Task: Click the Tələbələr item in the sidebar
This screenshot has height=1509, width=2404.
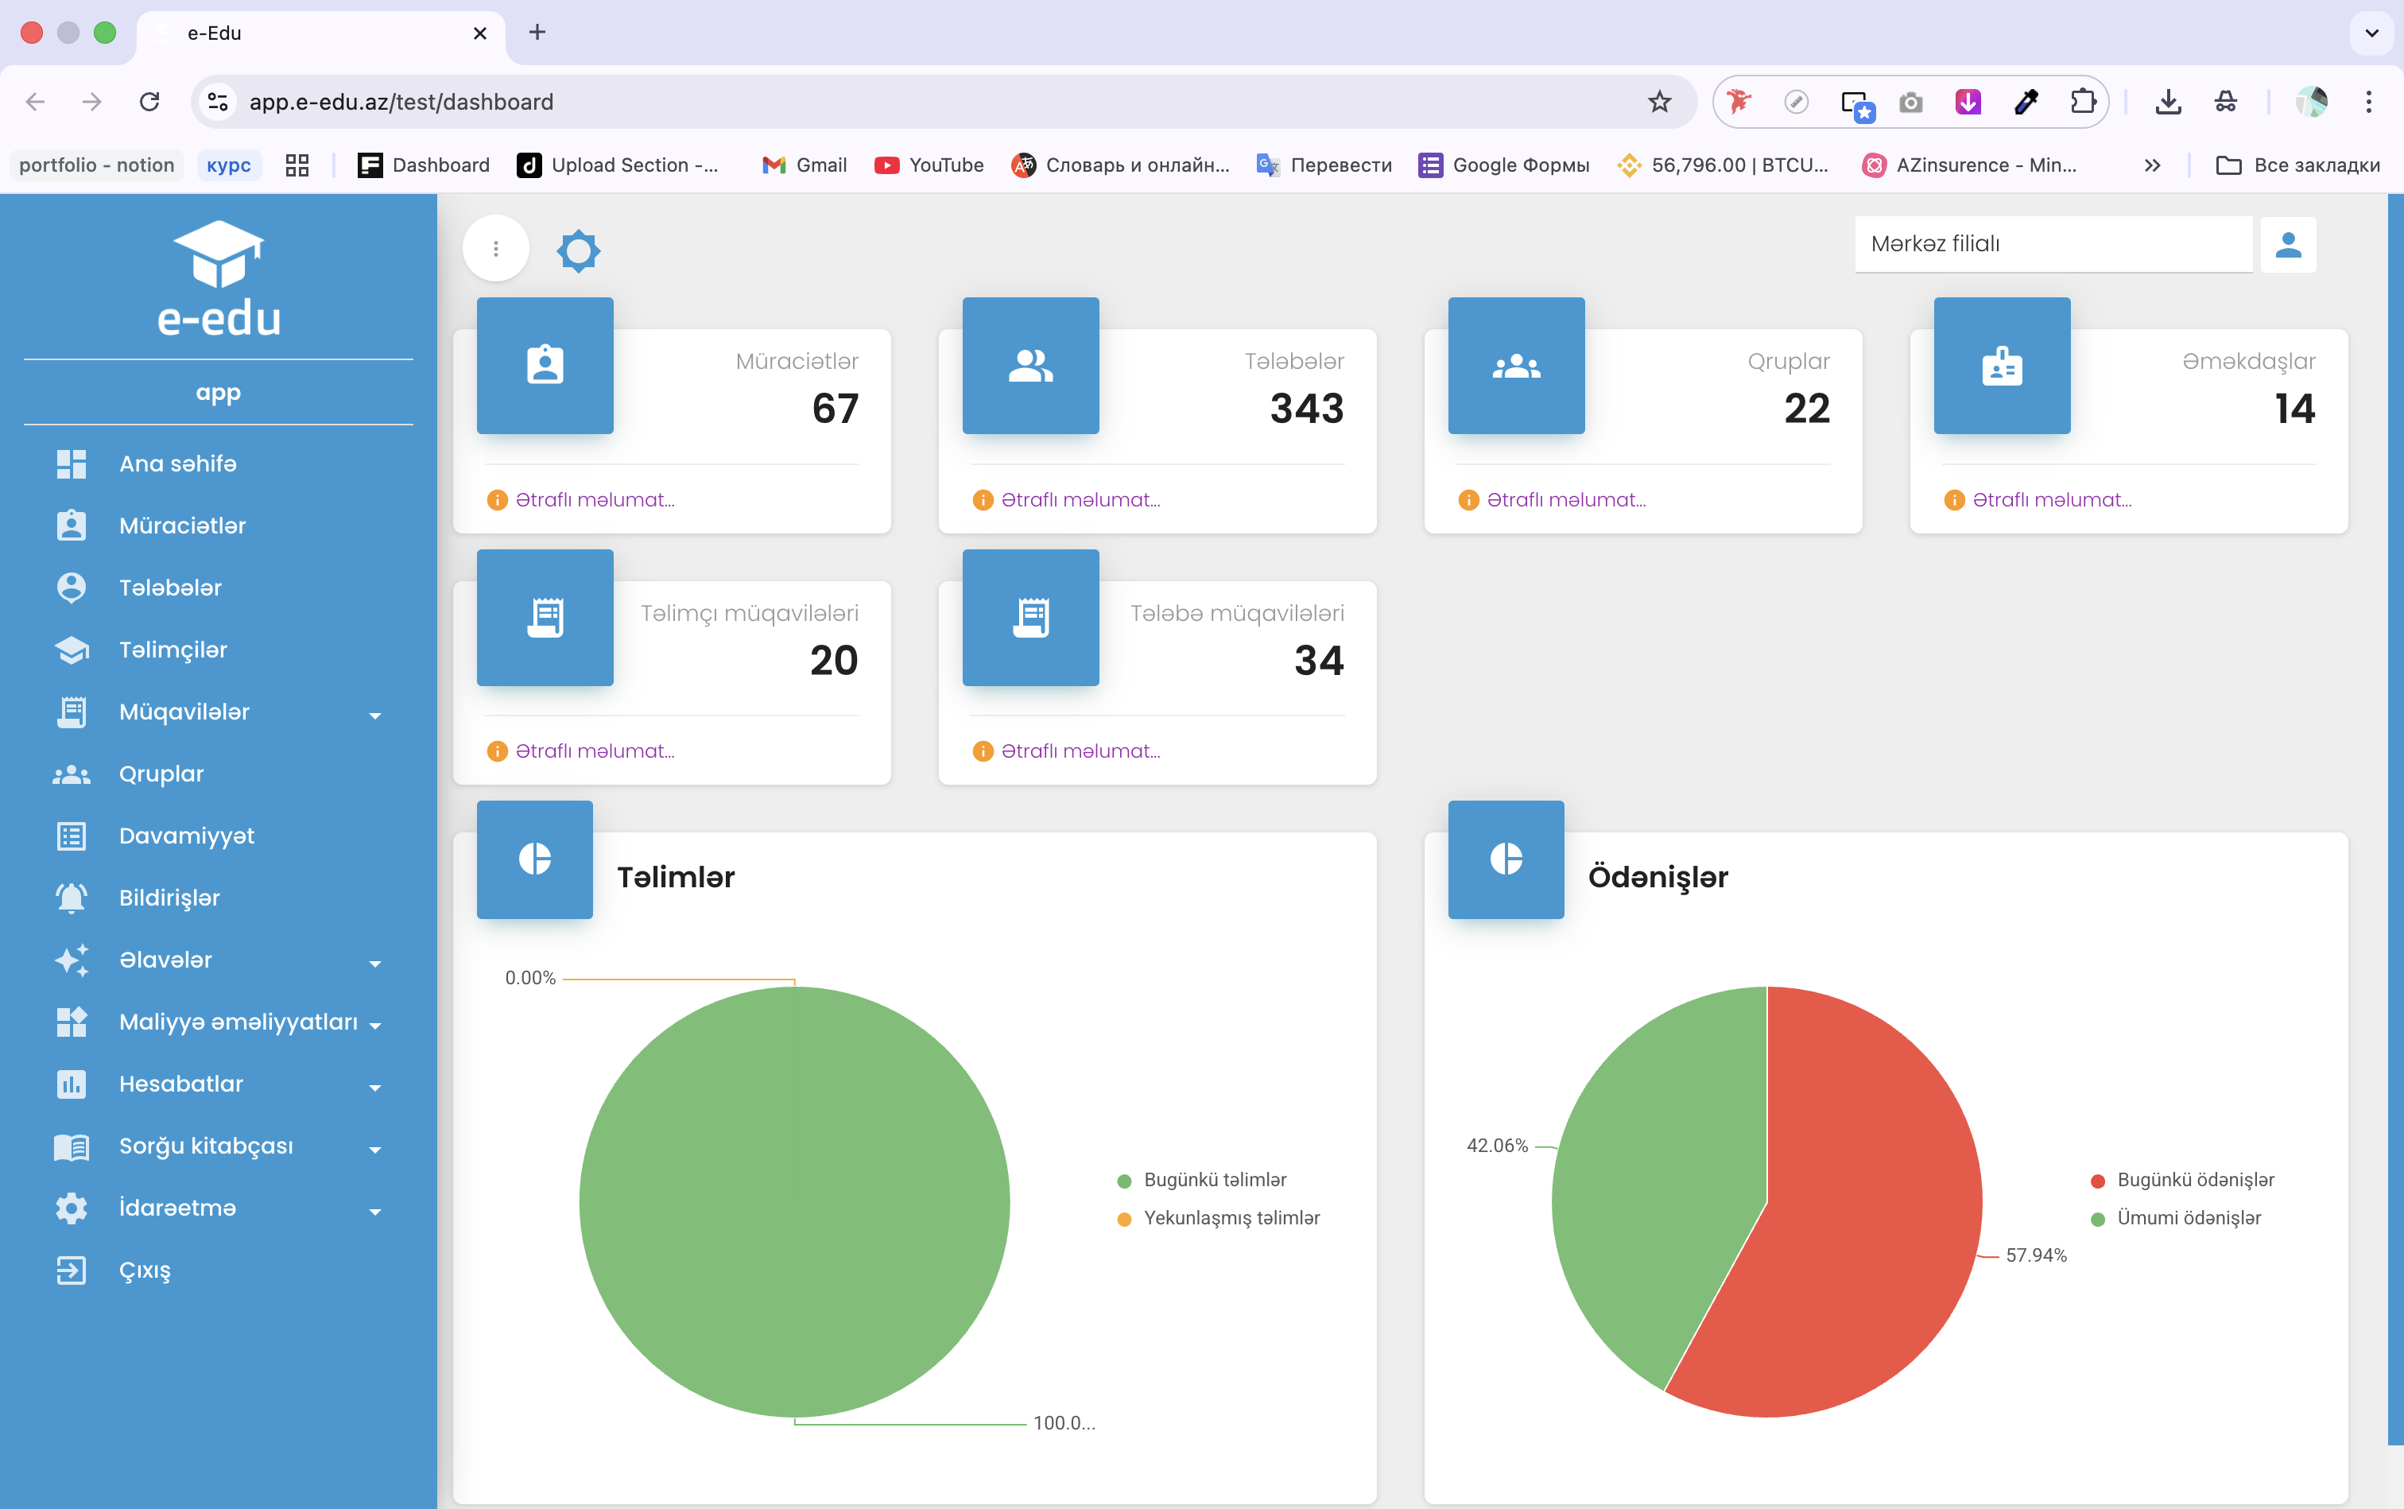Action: pos(169,588)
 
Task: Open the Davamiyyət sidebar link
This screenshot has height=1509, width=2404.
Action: pos(187,836)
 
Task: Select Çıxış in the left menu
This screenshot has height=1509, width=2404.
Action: pos(145,1270)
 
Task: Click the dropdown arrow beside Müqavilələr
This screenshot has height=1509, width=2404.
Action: pos(375,716)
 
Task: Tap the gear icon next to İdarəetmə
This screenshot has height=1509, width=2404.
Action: pos(72,1208)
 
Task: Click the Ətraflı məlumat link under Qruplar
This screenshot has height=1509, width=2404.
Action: pos(1566,500)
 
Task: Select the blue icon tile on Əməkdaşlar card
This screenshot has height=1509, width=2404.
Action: pos(2002,365)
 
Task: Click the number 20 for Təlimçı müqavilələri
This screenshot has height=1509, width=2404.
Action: pos(834,661)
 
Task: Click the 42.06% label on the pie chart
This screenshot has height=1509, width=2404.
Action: pos(1497,1146)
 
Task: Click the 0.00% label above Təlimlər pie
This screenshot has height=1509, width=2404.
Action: pos(530,978)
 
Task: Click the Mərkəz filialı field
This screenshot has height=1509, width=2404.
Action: pos(2053,245)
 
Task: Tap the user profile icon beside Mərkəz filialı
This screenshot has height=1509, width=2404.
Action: pos(2288,245)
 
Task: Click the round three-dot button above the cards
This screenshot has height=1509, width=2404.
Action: pos(496,249)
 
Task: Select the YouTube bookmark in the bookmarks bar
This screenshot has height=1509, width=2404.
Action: pos(929,165)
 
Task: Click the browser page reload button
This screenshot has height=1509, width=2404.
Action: pos(149,102)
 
